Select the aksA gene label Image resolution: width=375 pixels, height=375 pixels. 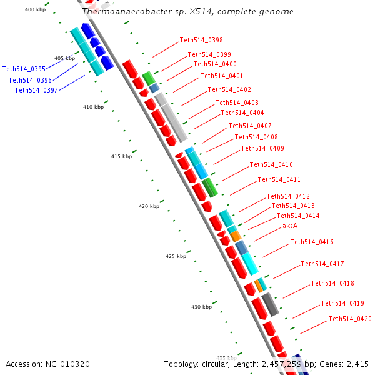(290, 226)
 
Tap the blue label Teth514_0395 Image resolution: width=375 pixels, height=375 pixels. (24, 69)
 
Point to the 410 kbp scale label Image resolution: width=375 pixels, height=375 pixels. (92, 107)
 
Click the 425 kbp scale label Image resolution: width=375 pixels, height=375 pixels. (176, 257)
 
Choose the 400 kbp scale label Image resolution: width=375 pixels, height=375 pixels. (34, 9)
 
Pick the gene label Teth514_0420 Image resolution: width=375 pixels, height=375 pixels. (350, 319)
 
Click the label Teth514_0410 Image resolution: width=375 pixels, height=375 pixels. (271, 165)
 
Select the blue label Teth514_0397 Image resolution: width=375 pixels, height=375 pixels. (36, 91)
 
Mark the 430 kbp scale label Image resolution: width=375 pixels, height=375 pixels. (201, 307)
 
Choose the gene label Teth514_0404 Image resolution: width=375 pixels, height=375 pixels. (242, 113)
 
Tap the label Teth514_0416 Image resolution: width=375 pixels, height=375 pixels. (312, 242)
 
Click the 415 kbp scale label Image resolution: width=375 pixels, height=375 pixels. (122, 156)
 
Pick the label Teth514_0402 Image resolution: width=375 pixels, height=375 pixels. (229, 90)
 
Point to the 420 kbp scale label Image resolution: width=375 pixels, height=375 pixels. (149, 206)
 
